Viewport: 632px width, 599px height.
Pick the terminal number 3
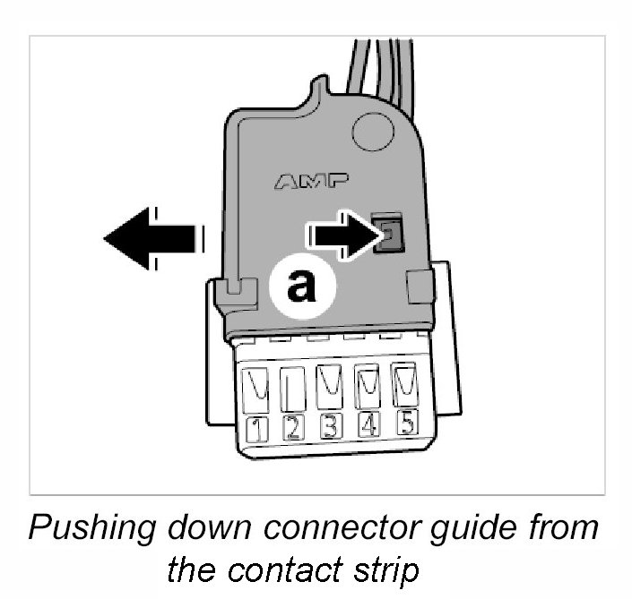pos(330,425)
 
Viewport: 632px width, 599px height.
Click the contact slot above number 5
pos(405,383)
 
